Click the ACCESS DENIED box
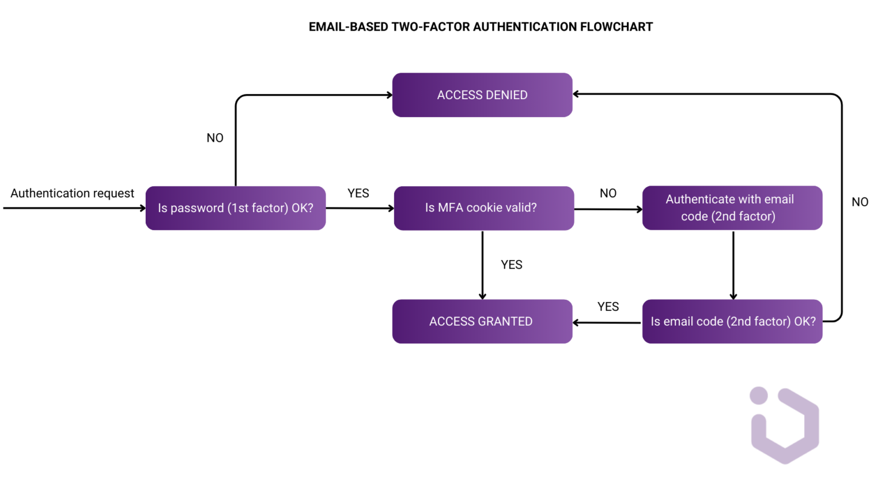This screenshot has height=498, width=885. click(482, 95)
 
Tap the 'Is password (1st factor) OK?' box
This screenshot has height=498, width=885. click(236, 208)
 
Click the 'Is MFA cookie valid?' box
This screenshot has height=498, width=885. click(483, 208)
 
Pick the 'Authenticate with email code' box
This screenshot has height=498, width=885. click(732, 208)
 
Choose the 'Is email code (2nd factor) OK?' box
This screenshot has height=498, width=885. click(732, 322)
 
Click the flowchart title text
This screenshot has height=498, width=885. click(481, 27)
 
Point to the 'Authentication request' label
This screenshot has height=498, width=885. click(72, 193)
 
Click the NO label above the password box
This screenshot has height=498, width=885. click(215, 138)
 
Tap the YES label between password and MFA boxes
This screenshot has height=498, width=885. click(358, 194)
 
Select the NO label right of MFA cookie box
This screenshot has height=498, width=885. click(608, 194)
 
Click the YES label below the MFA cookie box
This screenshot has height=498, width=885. click(512, 265)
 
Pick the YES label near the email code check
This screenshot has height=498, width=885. click(608, 307)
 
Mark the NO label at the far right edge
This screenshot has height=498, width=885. click(860, 202)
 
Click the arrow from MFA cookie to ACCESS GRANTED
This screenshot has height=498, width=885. click(482, 265)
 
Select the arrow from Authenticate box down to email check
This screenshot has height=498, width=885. click(733, 265)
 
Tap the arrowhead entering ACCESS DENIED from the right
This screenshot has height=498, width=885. click(576, 94)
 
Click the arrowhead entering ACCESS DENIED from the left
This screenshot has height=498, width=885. click(389, 95)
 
